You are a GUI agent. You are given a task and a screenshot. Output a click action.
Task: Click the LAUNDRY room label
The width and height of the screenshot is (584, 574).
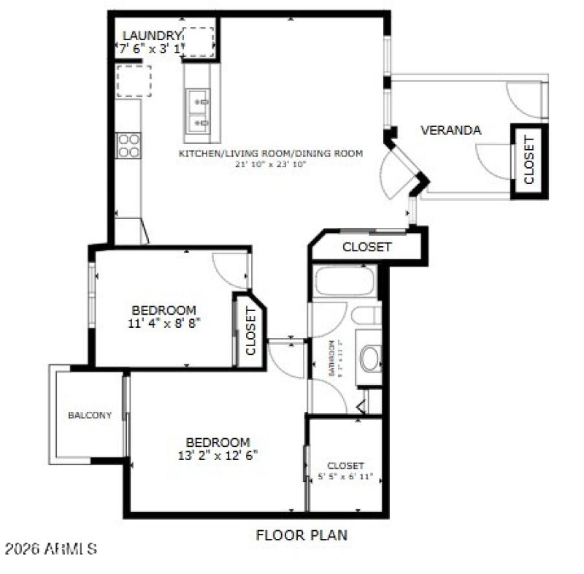[x=151, y=36]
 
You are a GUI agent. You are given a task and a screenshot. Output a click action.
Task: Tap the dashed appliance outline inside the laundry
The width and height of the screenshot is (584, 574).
[x=198, y=42]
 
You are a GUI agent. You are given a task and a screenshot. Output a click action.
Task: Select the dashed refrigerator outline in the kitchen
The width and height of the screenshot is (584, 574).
[x=134, y=80]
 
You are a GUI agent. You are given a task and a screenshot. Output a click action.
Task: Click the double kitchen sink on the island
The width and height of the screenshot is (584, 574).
[x=197, y=110]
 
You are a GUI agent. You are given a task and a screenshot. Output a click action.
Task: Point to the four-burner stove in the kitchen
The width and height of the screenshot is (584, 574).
[x=129, y=145]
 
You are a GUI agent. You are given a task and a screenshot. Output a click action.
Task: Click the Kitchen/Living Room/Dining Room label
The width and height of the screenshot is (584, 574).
[x=271, y=153]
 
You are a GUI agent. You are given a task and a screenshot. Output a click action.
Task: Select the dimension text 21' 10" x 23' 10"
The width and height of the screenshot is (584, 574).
[x=271, y=164]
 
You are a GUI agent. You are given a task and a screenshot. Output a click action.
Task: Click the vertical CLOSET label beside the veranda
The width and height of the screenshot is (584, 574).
[x=529, y=161]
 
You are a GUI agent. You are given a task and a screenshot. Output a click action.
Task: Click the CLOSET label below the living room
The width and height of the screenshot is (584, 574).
[x=366, y=247]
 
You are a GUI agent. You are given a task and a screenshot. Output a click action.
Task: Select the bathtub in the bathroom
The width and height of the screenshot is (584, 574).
[x=344, y=281]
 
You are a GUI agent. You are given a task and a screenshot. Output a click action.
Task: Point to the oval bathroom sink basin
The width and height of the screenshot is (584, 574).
[x=370, y=359]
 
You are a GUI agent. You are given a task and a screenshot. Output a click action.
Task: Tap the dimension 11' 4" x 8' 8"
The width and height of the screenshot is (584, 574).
[x=164, y=321]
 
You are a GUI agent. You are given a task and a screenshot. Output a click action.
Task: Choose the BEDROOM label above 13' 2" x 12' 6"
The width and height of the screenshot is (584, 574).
[x=218, y=443]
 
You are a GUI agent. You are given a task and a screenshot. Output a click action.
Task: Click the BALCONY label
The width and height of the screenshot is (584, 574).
[x=90, y=416]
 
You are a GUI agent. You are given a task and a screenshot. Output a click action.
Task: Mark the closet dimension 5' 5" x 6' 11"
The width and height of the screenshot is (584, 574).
[x=345, y=477]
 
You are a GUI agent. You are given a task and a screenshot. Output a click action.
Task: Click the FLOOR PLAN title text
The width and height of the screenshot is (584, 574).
[x=301, y=535]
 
